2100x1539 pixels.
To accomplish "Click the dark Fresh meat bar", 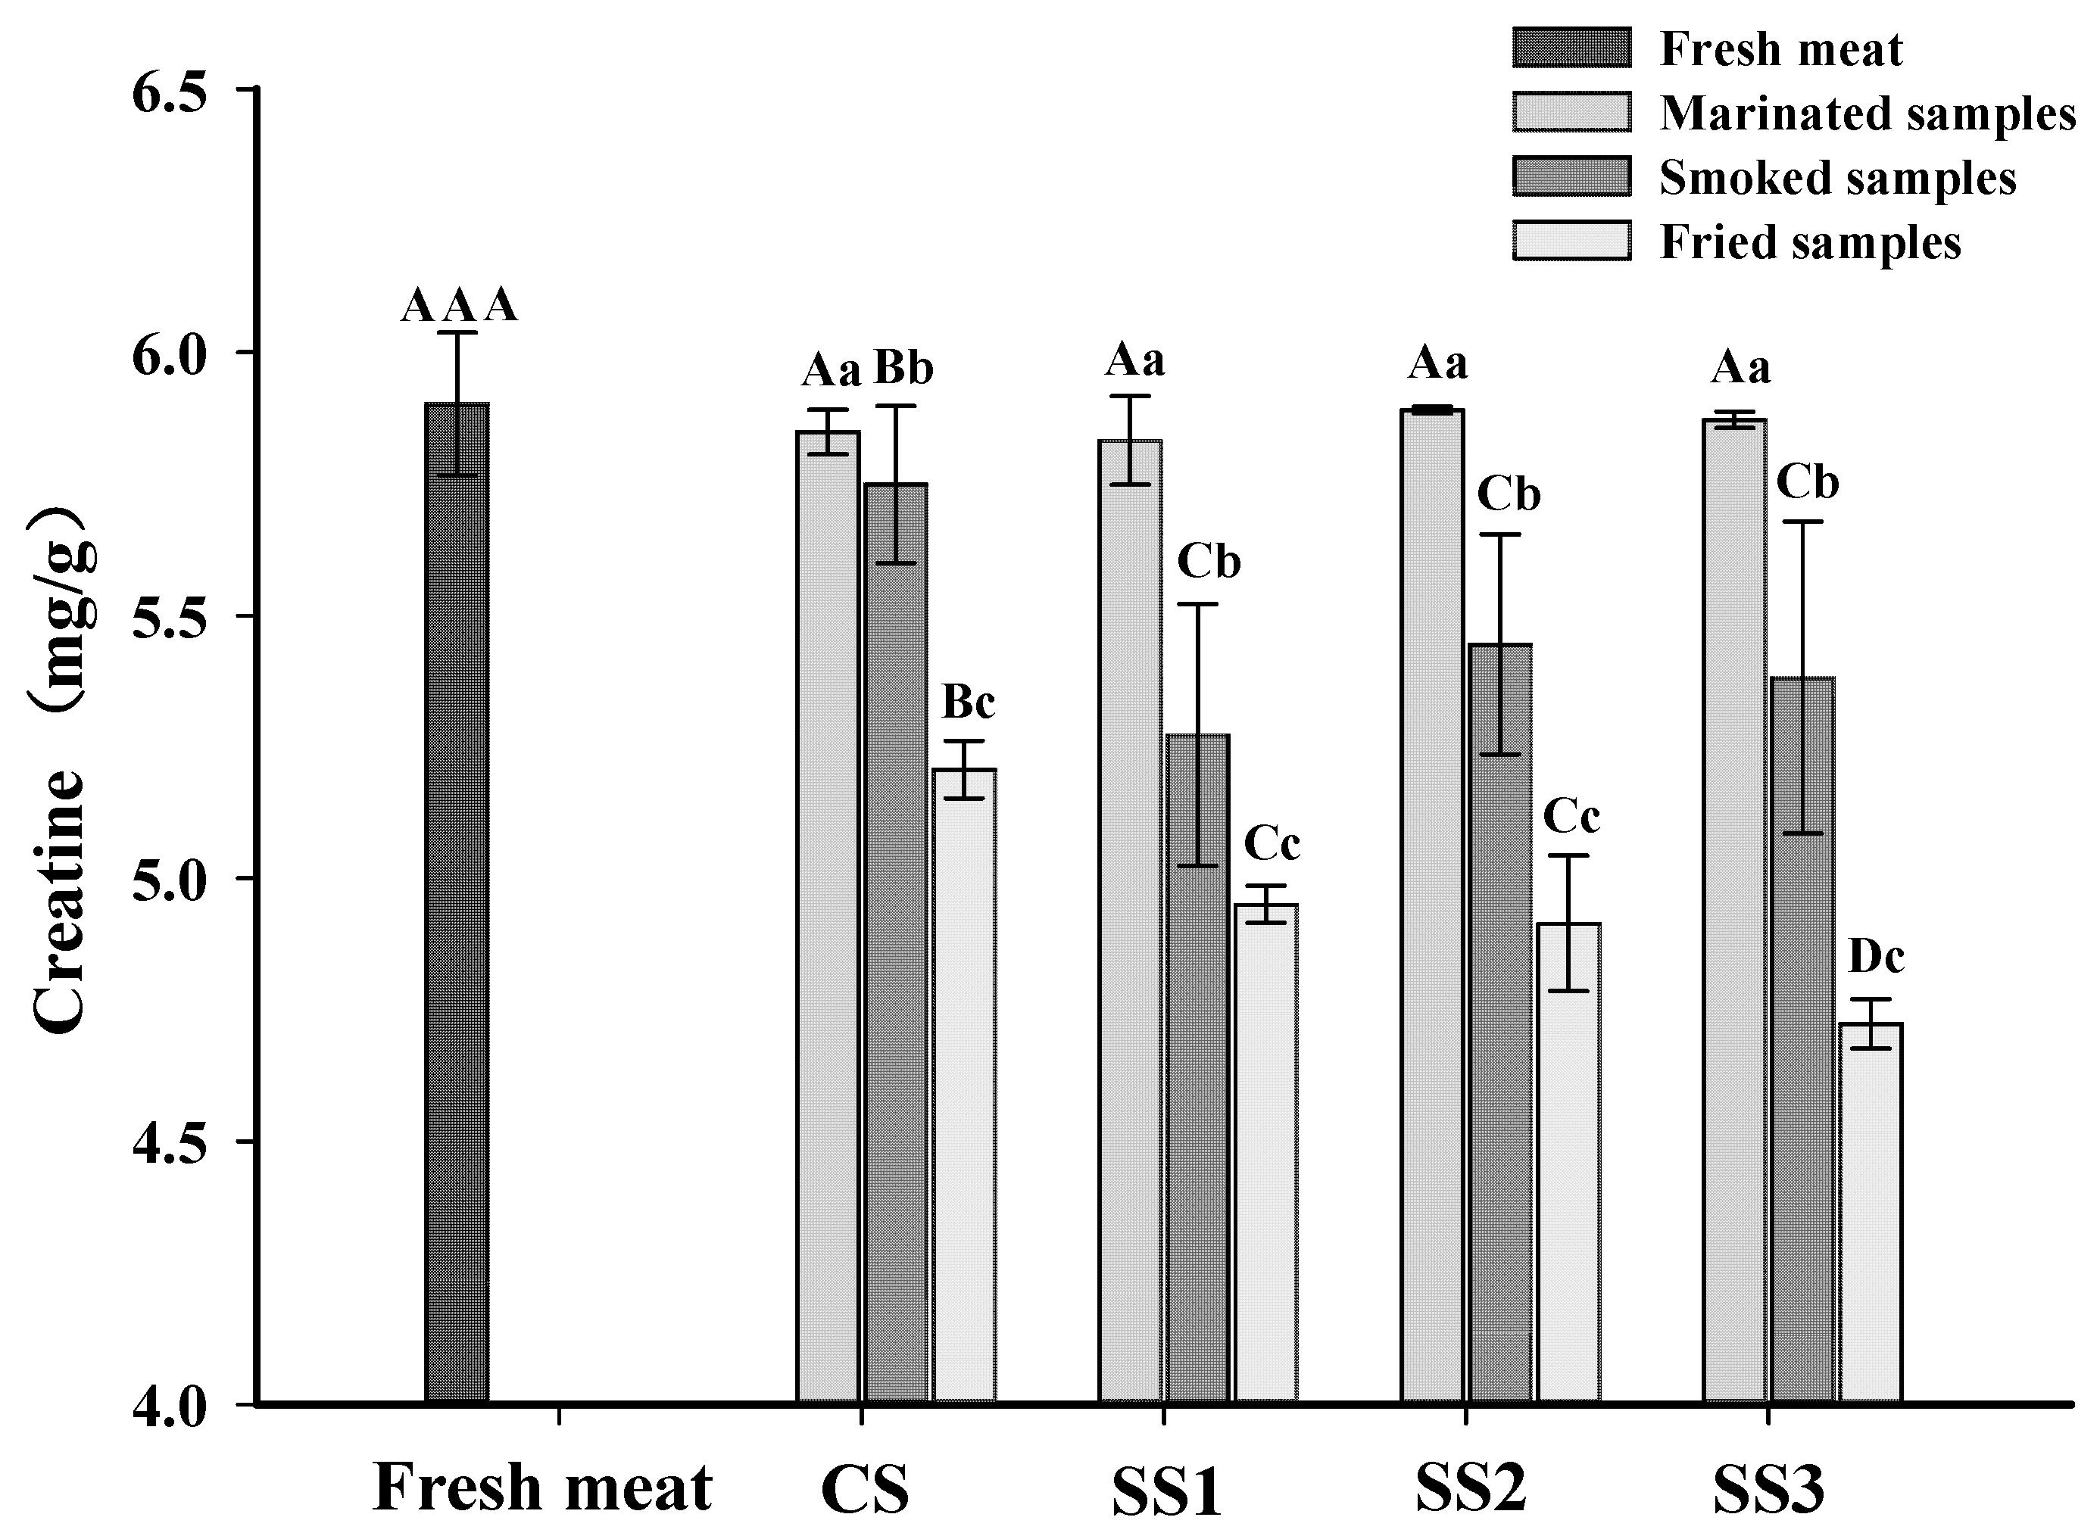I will click(457, 904).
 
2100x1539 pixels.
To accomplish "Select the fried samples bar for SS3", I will click(1871, 1212).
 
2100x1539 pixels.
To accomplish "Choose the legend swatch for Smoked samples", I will click(1571, 177).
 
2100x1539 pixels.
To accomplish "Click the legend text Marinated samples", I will click(1867, 114).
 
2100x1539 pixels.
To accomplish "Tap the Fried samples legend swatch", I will click(1571, 241).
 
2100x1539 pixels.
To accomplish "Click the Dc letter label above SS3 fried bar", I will click(1877, 957).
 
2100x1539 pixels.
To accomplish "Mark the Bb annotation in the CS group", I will click(903, 369).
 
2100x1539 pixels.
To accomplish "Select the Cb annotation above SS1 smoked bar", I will click(1209, 562).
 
